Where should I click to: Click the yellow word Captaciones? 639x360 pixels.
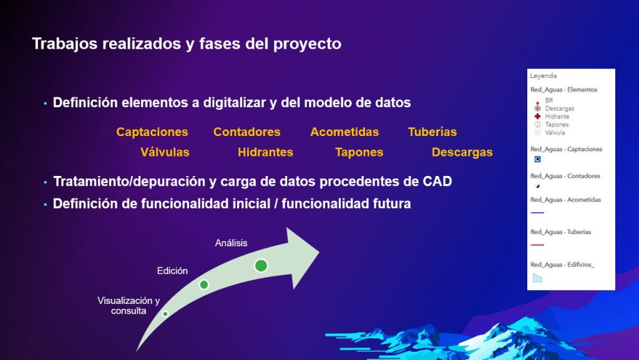point(152,132)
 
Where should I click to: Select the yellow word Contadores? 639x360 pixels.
point(247,132)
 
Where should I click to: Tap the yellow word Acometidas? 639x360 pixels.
point(344,132)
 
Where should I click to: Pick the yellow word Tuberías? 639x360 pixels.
point(432,132)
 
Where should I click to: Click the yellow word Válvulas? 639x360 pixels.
point(165,152)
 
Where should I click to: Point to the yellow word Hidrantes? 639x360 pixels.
point(265,152)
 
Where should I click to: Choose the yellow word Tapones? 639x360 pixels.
point(359,152)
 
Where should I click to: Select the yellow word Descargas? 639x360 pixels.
point(462,152)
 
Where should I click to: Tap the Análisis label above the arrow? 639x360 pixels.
point(231,243)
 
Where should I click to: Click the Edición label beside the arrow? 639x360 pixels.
point(172,271)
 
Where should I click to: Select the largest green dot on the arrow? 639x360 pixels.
point(261,266)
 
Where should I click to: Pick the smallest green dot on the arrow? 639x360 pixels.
point(165,314)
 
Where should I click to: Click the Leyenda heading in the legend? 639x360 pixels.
point(544,75)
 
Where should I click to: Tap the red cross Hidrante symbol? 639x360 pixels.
point(537,117)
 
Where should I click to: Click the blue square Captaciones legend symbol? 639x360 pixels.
point(537,159)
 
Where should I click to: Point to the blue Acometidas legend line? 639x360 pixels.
point(537,213)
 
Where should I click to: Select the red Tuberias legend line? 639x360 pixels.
point(537,245)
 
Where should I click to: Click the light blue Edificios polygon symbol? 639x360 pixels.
point(537,278)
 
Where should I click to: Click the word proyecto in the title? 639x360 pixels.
point(307,44)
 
